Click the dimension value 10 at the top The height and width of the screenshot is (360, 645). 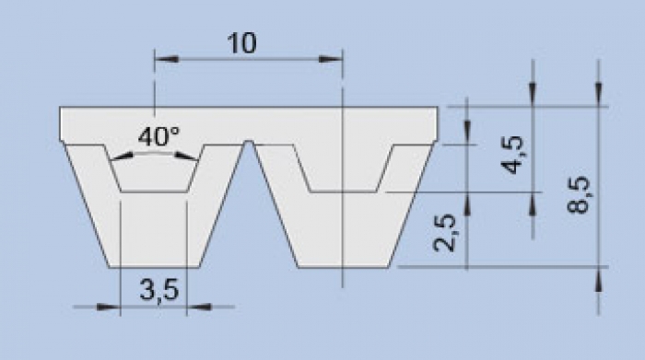241,43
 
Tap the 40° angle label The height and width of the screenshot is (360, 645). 158,136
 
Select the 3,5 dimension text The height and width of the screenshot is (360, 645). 159,290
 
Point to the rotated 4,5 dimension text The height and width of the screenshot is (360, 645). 513,155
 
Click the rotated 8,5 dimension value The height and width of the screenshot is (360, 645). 579,194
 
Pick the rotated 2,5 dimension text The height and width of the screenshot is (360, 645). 445,232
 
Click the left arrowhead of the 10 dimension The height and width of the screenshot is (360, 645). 167,59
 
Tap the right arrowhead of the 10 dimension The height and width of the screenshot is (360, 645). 331,59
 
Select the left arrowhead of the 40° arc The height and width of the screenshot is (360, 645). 123,157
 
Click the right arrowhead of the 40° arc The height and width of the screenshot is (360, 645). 186,157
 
